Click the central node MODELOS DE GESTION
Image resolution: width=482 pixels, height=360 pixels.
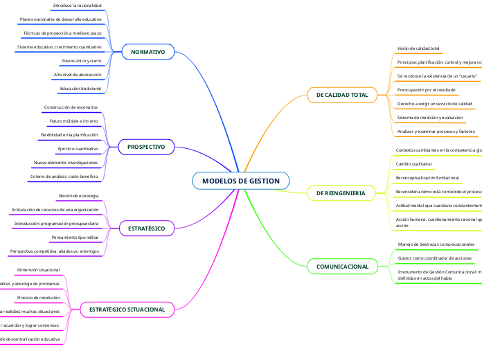pos(241,181)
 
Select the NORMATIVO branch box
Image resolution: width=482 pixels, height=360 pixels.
pos(148,52)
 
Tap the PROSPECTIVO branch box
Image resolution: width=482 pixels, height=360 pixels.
pos(146,147)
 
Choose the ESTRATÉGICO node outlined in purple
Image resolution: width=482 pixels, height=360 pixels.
pos(146,228)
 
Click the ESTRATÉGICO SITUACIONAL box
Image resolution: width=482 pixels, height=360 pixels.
pos(127,309)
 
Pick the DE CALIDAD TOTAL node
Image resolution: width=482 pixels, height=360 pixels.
pos(342,94)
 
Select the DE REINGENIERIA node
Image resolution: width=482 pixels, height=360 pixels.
pos(341,192)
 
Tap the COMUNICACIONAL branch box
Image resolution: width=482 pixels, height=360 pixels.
pos(342,267)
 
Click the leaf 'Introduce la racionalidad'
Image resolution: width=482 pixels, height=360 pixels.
pos(77,6)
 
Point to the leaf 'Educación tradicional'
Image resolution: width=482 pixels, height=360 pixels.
pos(80,89)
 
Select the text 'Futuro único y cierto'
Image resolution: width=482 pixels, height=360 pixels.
pos(82,61)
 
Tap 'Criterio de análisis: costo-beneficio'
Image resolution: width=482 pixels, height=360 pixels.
pos(64,177)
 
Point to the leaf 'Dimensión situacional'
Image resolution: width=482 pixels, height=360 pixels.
pos(38,269)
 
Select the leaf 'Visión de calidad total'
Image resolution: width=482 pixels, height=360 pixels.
pos(418,48)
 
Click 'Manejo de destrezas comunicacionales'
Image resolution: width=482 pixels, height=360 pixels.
pos(436,244)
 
